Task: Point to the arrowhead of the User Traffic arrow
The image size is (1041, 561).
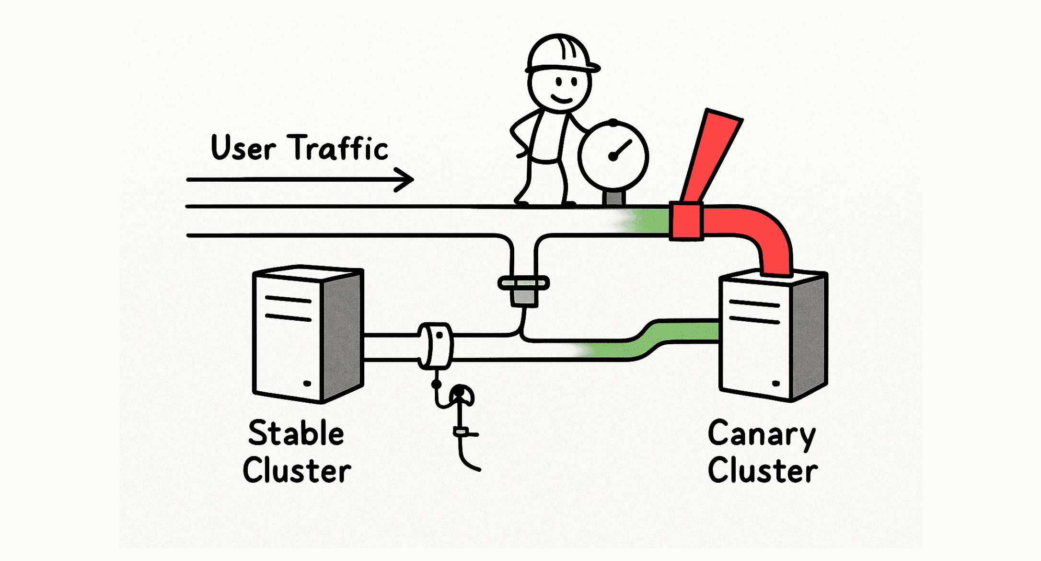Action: pos(406,180)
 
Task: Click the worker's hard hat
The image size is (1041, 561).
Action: pos(561,54)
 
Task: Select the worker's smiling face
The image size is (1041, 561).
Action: pos(560,89)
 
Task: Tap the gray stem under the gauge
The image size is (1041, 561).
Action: pos(614,198)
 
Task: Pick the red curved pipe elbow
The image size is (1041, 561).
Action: pos(762,235)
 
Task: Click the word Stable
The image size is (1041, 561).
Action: pos(296,433)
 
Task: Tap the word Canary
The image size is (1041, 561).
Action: pos(762,434)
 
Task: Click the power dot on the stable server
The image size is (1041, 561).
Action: pos(307,383)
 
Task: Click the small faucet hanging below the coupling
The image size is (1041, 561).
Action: pos(459,412)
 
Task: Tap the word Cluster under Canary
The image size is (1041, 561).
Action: pos(763,470)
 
